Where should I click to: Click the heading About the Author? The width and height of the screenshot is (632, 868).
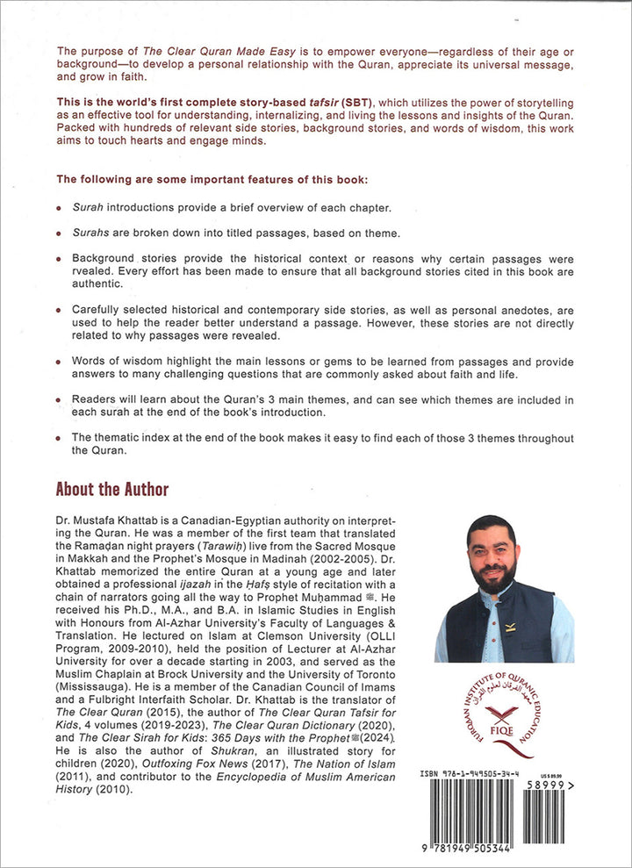[x=111, y=489]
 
